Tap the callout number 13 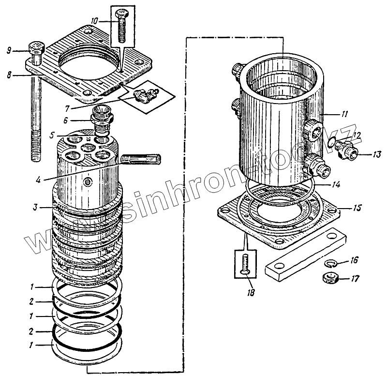377,154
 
